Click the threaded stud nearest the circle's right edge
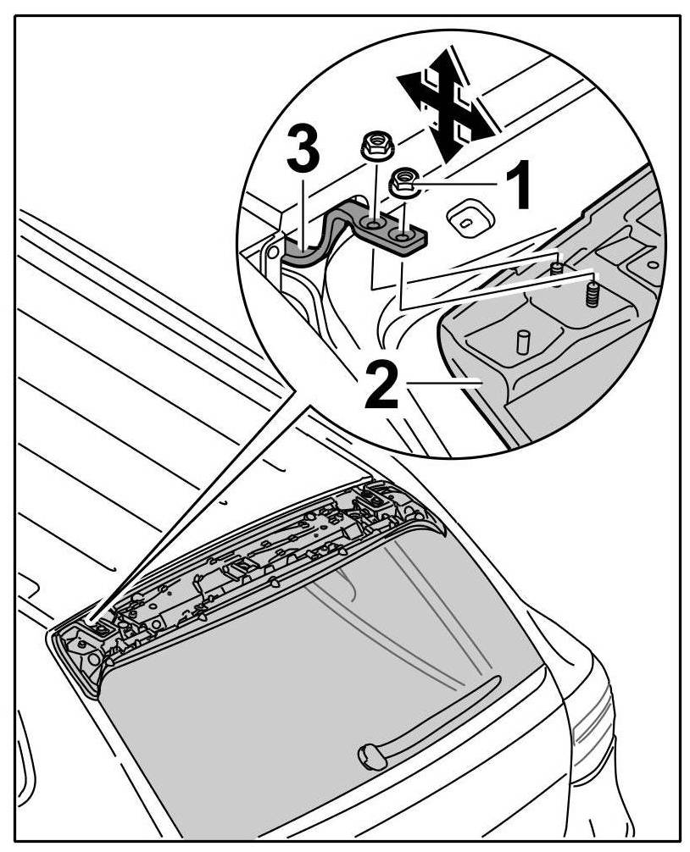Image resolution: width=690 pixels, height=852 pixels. pos(592,295)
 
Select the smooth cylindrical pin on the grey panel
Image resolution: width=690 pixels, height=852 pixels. pos(522,344)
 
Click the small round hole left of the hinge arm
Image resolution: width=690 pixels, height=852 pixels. pos(271,252)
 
